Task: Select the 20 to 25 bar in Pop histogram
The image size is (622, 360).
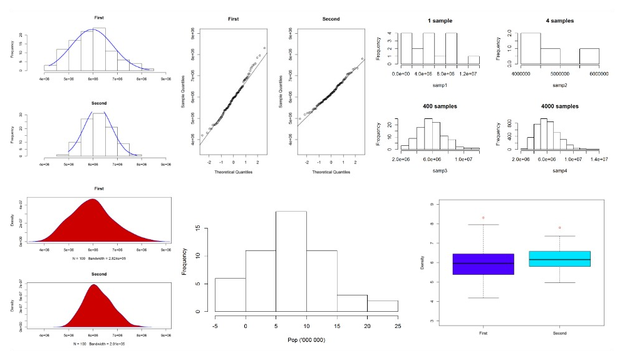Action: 383,306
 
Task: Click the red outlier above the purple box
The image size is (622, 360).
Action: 483,217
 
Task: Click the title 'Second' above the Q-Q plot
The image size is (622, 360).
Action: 331,19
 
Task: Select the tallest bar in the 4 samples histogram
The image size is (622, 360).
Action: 531,48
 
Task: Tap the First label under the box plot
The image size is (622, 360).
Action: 483,333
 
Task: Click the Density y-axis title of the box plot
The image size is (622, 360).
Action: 424,263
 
